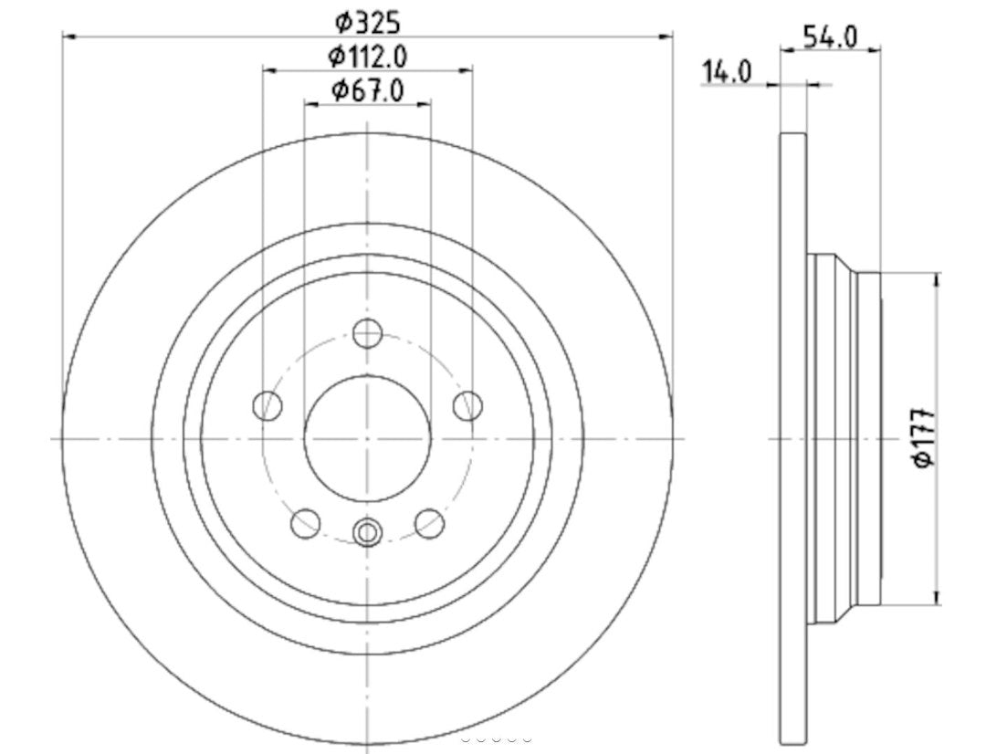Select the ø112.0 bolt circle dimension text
coord(368,56)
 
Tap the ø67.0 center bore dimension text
coord(368,90)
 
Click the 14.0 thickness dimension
coord(726,71)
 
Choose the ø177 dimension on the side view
coord(925,439)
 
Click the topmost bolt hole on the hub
coord(367,333)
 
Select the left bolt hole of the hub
coord(267,405)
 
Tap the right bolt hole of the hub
coord(467,405)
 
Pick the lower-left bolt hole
coord(305,523)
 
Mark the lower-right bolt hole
coord(429,523)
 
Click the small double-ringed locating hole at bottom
coord(367,531)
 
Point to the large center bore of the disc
coord(367,438)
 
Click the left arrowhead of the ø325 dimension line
coord(67,36)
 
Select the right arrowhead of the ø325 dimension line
coord(667,36)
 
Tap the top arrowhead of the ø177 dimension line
coord(937,278)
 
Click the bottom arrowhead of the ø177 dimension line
coord(937,600)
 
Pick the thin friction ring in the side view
coord(793,438)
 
